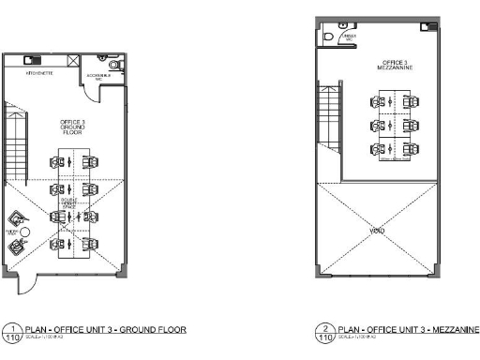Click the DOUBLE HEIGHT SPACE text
(x=69, y=202)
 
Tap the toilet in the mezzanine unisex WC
(x=328, y=37)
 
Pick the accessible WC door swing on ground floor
(x=113, y=84)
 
